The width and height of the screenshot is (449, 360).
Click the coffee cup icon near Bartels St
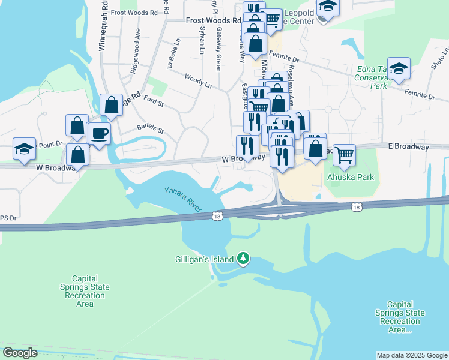[x=100, y=133]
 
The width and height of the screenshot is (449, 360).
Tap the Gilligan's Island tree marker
[x=243, y=259]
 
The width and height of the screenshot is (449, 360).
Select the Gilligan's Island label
[x=203, y=260]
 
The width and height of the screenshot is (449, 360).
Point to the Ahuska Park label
[x=350, y=177]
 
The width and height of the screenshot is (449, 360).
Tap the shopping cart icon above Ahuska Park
[x=344, y=155]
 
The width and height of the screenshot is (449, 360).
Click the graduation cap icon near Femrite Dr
[x=398, y=68]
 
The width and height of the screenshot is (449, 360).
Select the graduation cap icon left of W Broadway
[x=24, y=150]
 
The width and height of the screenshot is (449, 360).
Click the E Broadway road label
[x=409, y=147]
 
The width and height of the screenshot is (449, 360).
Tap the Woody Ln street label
[x=198, y=81]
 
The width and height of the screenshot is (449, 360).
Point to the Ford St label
[x=154, y=101]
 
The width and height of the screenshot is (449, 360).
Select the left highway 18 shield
[x=218, y=215]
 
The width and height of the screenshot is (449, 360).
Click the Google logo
[x=20, y=353]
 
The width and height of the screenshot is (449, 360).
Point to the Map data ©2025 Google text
[x=411, y=355]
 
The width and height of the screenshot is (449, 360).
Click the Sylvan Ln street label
[x=202, y=40]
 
